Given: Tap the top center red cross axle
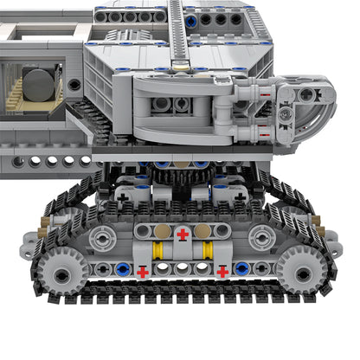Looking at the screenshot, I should click(x=182, y=234).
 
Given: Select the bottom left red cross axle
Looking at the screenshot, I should click(x=142, y=271).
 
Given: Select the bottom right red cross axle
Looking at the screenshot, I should click(x=222, y=271).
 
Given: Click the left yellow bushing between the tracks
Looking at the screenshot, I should click(x=158, y=252).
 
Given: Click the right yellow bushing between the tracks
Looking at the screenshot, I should click(x=207, y=252).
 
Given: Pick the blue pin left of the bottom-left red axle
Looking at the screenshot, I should click(x=123, y=269).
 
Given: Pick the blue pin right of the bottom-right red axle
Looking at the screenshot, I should click(x=242, y=269).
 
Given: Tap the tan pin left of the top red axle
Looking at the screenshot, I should click(x=162, y=233).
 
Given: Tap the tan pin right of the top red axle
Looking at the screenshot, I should click(x=202, y=233).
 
